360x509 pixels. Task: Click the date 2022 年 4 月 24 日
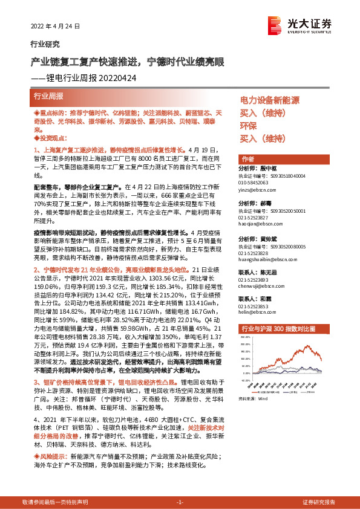tap(55, 27)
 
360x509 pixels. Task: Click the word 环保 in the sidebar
tap(249, 126)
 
